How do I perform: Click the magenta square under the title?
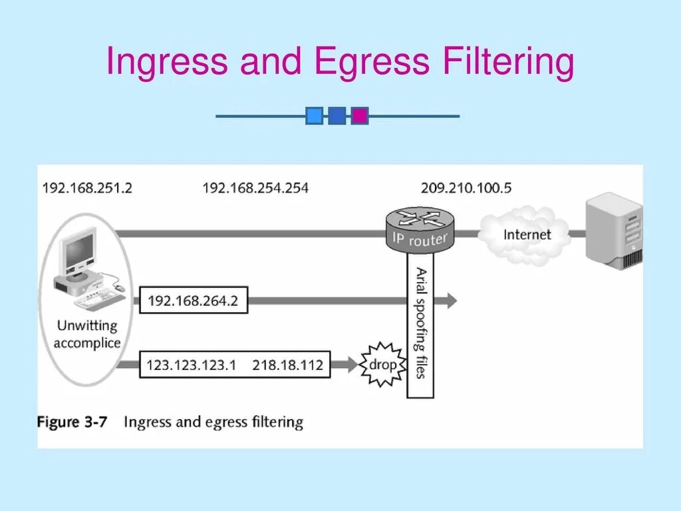click(x=360, y=116)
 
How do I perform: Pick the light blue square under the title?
click(x=315, y=116)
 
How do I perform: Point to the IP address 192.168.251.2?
click(x=87, y=188)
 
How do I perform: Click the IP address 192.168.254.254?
click(x=255, y=188)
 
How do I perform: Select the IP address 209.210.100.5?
click(x=466, y=188)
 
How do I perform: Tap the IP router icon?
click(x=420, y=228)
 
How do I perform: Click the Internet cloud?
click(x=527, y=234)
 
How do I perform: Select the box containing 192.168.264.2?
click(x=192, y=301)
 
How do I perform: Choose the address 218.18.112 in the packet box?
click(x=287, y=365)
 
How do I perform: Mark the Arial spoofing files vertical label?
click(x=420, y=323)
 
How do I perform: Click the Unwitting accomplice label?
click(x=87, y=335)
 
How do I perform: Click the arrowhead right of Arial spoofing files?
click(x=450, y=301)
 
